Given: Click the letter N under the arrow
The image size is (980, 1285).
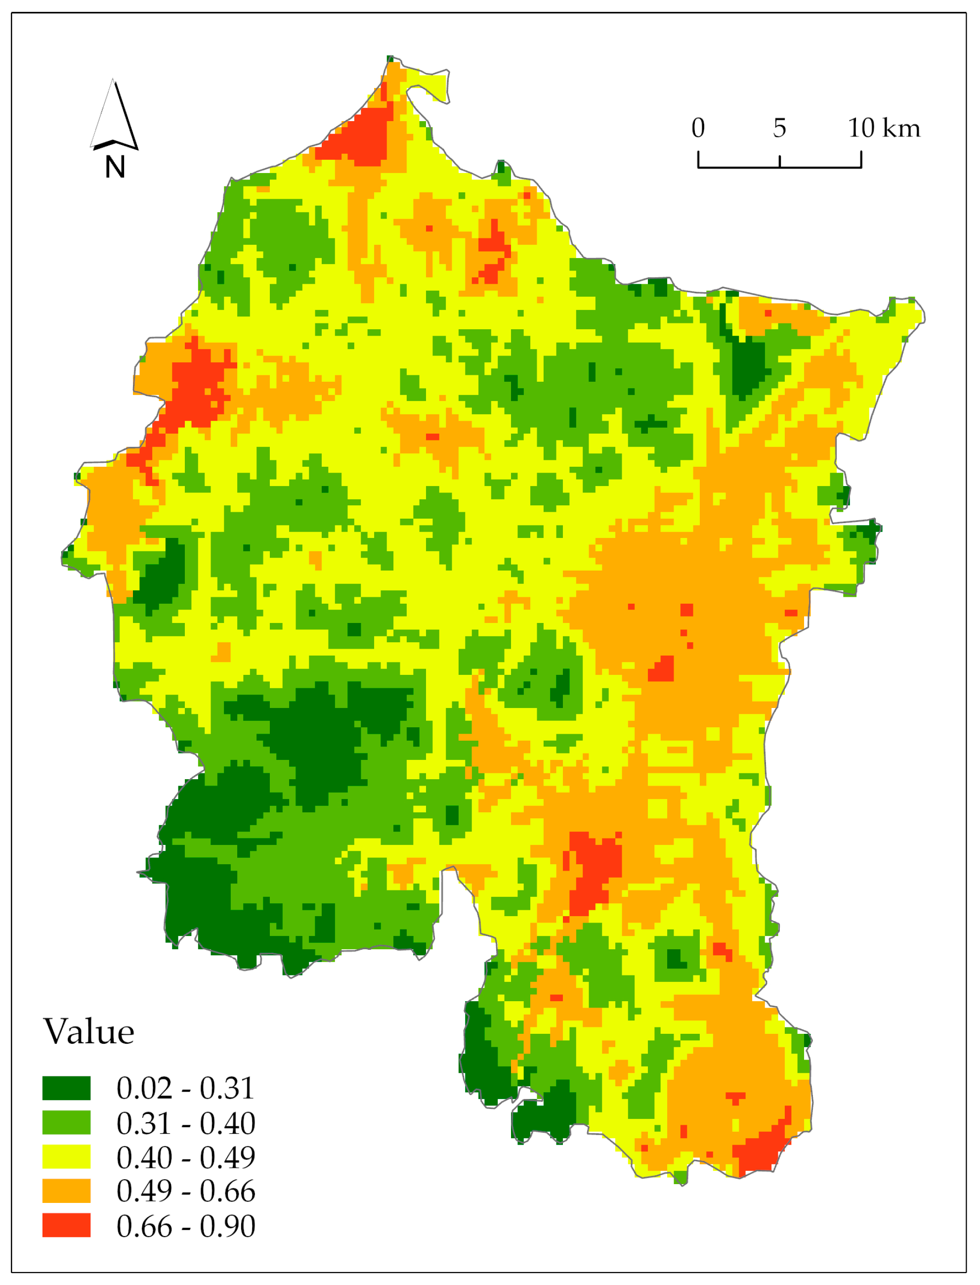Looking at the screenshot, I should point(115,168).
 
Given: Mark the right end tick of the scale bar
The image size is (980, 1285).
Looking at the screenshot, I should point(861,160).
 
